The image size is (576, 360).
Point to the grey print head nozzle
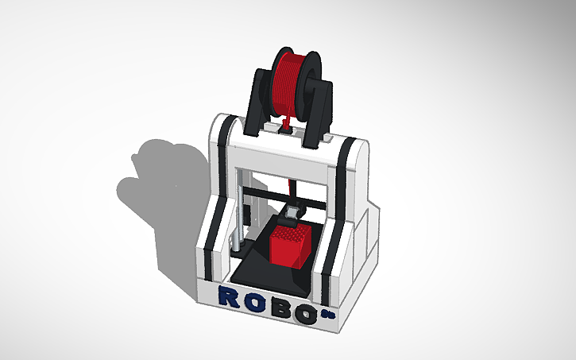click(x=292, y=212)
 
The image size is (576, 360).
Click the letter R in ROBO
click(x=229, y=296)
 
